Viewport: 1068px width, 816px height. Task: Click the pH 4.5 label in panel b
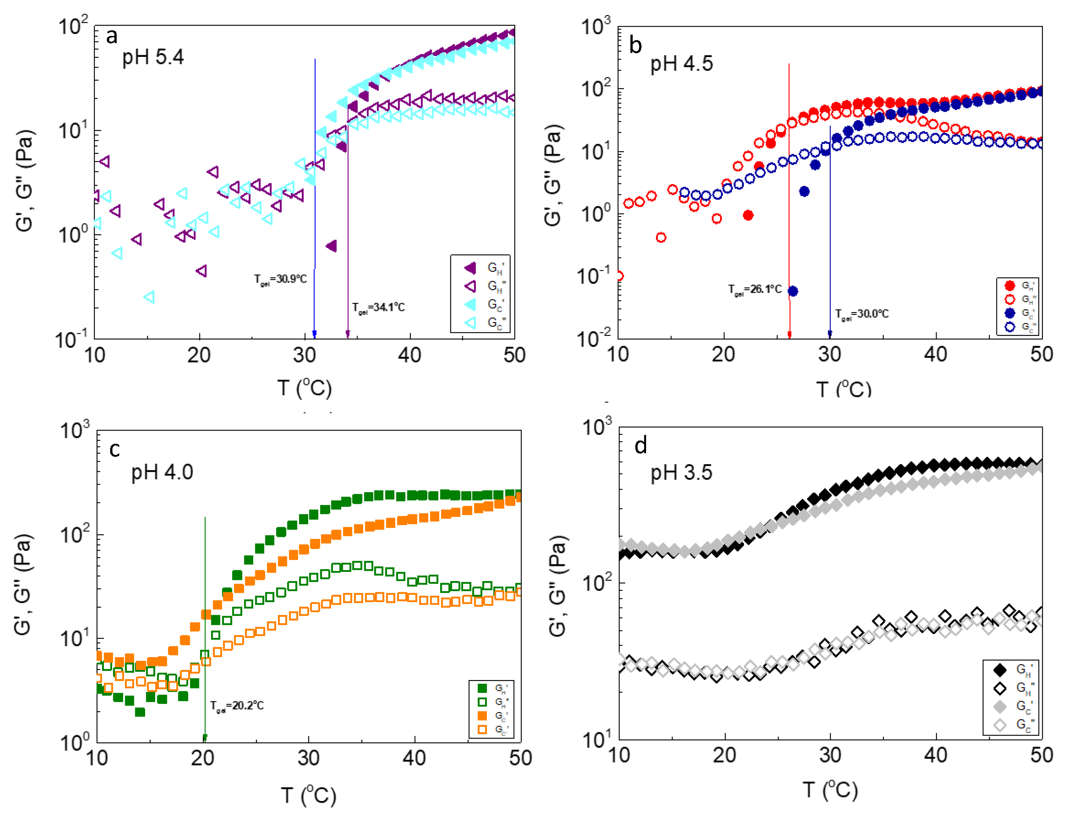[x=681, y=64]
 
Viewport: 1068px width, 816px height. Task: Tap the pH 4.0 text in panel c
[x=162, y=472]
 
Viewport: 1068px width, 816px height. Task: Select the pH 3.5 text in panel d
[x=681, y=473]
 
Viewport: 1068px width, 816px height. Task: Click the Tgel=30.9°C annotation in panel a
[x=281, y=279]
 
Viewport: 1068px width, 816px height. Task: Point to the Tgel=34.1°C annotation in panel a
[x=378, y=308]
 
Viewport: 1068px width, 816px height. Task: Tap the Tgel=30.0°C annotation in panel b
[x=862, y=314]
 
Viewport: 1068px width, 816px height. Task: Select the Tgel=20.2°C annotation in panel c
[x=237, y=706]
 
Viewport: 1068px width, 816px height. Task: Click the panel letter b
[x=635, y=45]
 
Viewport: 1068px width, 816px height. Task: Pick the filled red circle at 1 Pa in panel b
[x=748, y=215]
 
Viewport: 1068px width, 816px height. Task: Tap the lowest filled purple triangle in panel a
[x=332, y=246]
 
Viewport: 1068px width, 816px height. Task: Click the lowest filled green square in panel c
[x=140, y=712]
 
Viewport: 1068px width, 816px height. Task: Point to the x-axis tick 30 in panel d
[x=830, y=755]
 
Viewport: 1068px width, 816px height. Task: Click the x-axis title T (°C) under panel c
[x=309, y=795]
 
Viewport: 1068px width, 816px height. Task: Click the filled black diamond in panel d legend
[x=999, y=670]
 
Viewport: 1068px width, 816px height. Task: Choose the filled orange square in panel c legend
[x=482, y=715]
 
